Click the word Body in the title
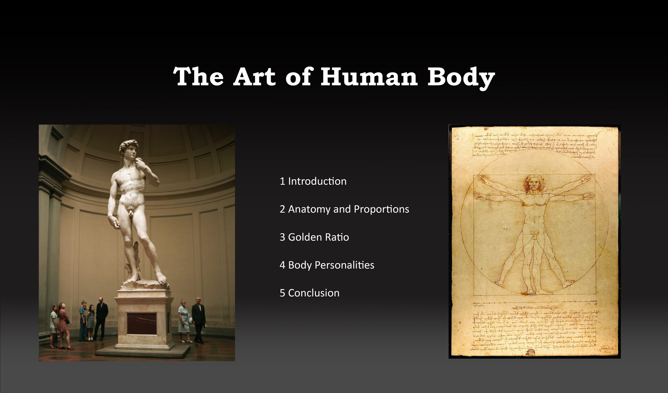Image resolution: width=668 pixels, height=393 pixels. [461, 77]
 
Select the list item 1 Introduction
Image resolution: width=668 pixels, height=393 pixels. [313, 181]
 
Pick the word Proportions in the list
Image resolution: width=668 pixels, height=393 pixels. [381, 209]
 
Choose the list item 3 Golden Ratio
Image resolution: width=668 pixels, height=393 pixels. [314, 237]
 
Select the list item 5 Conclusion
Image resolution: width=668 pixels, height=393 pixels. [310, 293]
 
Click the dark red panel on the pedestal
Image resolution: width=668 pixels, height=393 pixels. [142, 323]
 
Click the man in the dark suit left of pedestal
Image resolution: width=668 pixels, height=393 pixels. [101, 318]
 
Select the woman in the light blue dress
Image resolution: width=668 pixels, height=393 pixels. [184, 320]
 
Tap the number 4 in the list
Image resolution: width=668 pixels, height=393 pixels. [282, 265]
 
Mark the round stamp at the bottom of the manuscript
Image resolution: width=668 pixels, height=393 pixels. [531, 353]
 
